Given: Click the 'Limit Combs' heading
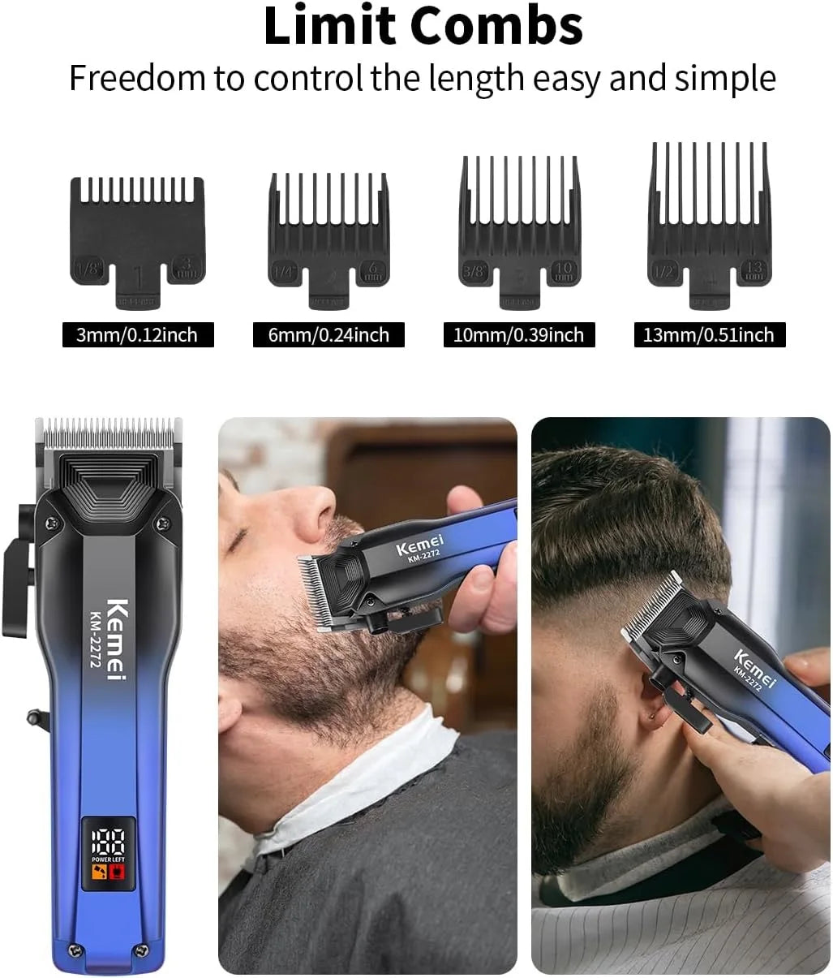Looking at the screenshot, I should coord(423,26).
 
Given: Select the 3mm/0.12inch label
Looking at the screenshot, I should coord(137,335).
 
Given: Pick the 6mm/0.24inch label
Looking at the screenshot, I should coord(328,335).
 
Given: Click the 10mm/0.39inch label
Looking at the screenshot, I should coord(518,335).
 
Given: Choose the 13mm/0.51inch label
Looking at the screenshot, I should coord(709,335).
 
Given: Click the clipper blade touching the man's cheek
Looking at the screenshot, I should coord(317,591).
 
